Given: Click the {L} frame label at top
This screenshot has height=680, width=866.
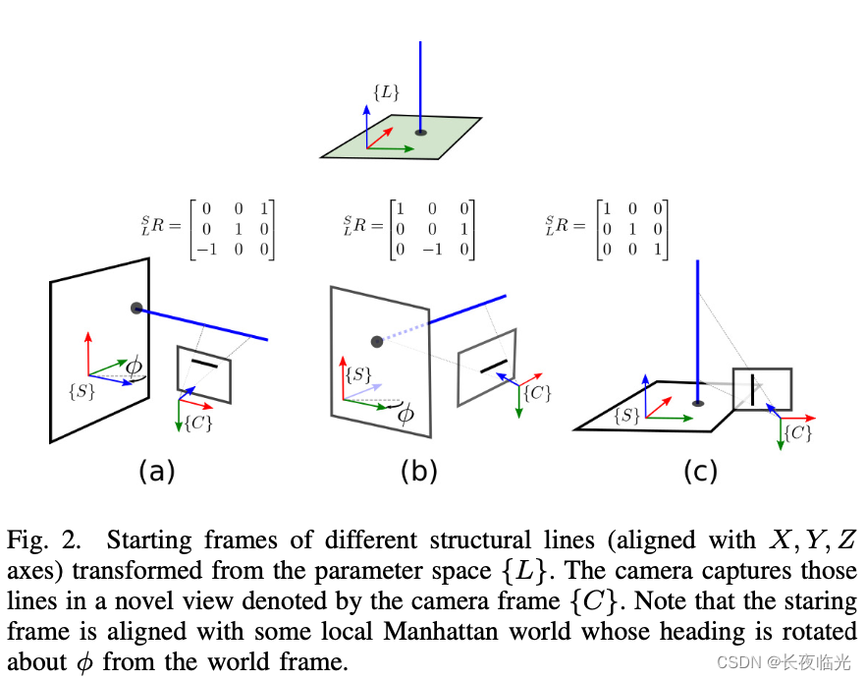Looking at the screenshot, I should click(385, 93).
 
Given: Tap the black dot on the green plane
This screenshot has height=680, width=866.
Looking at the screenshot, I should click(420, 132).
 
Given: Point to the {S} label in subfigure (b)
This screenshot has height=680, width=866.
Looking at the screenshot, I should click(360, 373).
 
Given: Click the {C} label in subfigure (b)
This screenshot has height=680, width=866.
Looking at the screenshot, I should click(536, 392).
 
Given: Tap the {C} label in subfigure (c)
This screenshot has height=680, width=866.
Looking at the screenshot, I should click(797, 432).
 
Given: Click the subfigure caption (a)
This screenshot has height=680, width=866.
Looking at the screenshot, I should click(156, 472).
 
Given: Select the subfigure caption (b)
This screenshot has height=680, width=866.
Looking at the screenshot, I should click(418, 472).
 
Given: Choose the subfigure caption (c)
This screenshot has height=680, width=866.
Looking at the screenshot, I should click(700, 472).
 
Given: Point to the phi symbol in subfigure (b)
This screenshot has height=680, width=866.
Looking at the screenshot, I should click(404, 413).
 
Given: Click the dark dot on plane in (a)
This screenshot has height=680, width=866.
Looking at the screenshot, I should click(136, 309).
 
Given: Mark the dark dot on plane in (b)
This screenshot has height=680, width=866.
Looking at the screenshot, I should click(376, 341).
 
